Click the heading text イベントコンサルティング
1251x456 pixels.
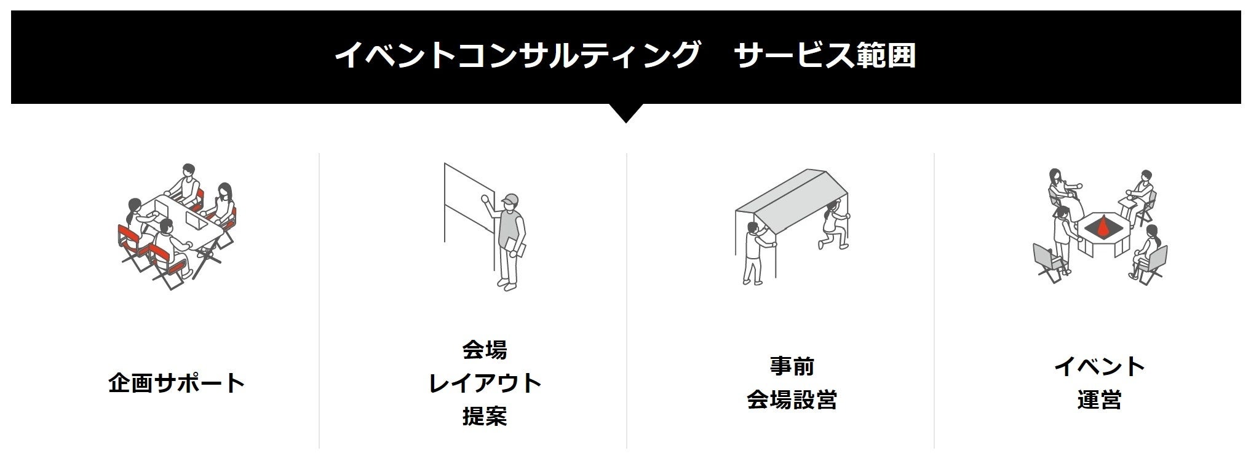(x=517, y=55)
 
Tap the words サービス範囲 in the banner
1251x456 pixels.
(x=824, y=55)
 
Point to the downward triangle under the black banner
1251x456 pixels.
(x=625, y=112)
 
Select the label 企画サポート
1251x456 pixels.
(x=177, y=383)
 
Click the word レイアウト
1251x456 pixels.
(x=485, y=383)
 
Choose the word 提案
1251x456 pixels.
(x=485, y=416)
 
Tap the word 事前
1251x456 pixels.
(x=792, y=366)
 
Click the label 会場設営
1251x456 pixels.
(x=792, y=399)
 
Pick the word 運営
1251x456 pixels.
(x=1099, y=399)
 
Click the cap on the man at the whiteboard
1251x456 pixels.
(x=510, y=200)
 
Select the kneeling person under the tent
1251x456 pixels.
(x=833, y=227)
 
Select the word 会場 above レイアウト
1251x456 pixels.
(x=485, y=350)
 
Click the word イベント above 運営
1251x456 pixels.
(x=1099, y=366)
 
